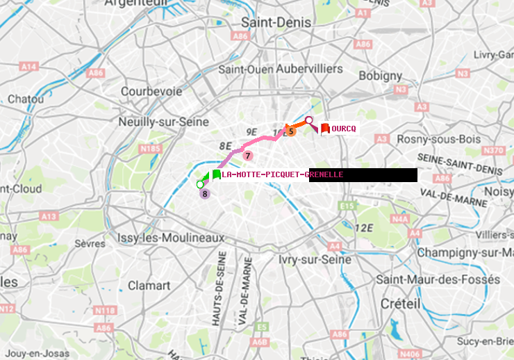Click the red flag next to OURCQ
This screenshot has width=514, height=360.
325,128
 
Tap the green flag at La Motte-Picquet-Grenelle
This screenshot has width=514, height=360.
216,174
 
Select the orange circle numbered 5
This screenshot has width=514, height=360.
291,131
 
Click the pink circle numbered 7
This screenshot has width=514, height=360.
247,156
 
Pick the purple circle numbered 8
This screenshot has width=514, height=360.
205,194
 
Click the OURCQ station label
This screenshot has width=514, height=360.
344,129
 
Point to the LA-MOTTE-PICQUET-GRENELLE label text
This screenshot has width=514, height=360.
282,174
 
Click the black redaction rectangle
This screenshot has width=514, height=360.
363,175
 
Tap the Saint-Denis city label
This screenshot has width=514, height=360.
276,22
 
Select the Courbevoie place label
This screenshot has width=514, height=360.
151,91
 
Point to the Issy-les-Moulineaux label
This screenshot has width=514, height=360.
171,238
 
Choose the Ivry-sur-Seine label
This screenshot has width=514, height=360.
315,259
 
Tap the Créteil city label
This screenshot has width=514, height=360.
401,304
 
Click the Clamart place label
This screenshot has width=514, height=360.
149,286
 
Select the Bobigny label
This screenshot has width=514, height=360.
379,75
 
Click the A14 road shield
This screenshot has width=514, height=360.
28,66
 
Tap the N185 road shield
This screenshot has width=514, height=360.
150,149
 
